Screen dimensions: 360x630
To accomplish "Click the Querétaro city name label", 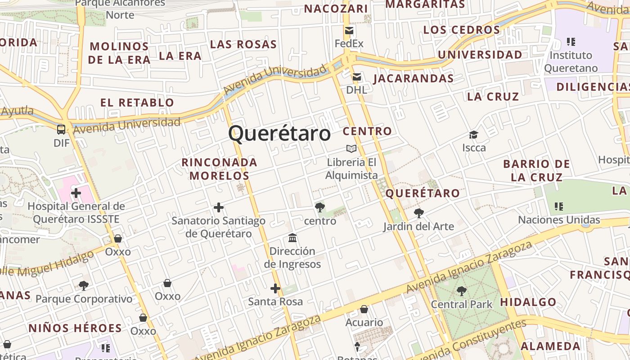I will point(279,134).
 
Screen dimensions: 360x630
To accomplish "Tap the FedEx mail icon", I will point(349,31).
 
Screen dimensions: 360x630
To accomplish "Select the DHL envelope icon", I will point(356,77).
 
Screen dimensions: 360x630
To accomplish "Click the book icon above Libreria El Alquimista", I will point(351,148).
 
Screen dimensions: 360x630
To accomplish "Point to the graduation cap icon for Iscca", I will point(473,135).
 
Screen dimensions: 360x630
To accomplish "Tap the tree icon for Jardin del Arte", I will point(418,213).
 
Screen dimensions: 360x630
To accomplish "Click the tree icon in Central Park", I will point(461,291).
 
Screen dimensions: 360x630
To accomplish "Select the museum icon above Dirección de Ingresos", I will point(292,238).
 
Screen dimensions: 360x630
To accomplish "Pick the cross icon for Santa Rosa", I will point(275,288).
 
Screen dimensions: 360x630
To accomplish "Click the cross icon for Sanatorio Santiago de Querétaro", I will point(219,207).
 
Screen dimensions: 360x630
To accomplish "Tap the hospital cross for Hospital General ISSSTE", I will point(76,193).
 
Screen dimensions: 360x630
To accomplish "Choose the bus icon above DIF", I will point(61,130).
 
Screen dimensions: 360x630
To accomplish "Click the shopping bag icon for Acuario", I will point(364,309).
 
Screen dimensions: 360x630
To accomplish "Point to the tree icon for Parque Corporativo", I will point(84,285).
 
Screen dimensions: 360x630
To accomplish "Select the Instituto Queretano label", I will point(571,62).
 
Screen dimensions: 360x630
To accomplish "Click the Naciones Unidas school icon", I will point(559,207).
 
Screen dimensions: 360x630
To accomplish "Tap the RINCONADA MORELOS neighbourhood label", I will point(219,169).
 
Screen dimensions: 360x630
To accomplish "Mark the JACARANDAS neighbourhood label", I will point(413,78).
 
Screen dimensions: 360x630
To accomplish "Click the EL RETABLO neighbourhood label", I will point(137,103).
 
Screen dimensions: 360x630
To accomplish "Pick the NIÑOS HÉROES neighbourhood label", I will point(75,328).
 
